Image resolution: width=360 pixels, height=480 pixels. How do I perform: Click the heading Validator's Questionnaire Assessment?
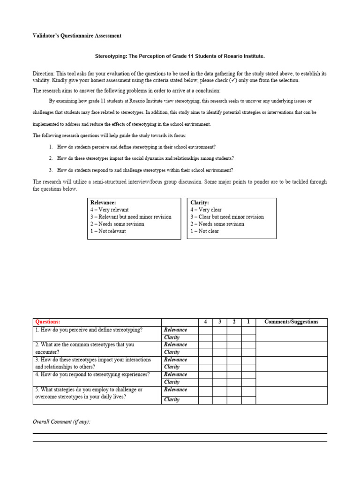[77, 36]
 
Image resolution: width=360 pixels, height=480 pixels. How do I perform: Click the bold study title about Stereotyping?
[180, 56]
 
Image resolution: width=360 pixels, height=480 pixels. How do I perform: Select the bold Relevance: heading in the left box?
[103, 202]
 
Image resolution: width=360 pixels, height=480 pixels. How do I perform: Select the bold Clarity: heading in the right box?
[200, 202]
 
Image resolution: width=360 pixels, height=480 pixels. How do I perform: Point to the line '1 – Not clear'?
[204, 231]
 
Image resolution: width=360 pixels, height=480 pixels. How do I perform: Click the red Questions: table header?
[48, 322]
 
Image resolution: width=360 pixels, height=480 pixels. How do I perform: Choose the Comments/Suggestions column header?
[291, 322]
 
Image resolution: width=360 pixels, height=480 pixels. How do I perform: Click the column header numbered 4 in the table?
[205, 322]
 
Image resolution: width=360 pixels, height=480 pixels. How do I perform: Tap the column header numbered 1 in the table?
[248, 322]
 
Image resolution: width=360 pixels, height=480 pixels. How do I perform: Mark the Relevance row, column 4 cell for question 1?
[205, 330]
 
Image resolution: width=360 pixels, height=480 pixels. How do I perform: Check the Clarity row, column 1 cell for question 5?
[248, 400]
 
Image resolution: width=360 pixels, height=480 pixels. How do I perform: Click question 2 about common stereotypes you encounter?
[84, 348]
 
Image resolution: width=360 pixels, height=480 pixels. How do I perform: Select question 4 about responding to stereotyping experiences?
[92, 375]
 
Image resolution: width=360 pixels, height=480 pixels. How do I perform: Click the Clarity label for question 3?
[172, 367]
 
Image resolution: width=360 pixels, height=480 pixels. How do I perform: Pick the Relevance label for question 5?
[175, 390]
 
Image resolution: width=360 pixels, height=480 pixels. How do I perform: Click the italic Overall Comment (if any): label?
[61, 422]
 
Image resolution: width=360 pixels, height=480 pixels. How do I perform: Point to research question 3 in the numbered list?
[145, 170]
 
